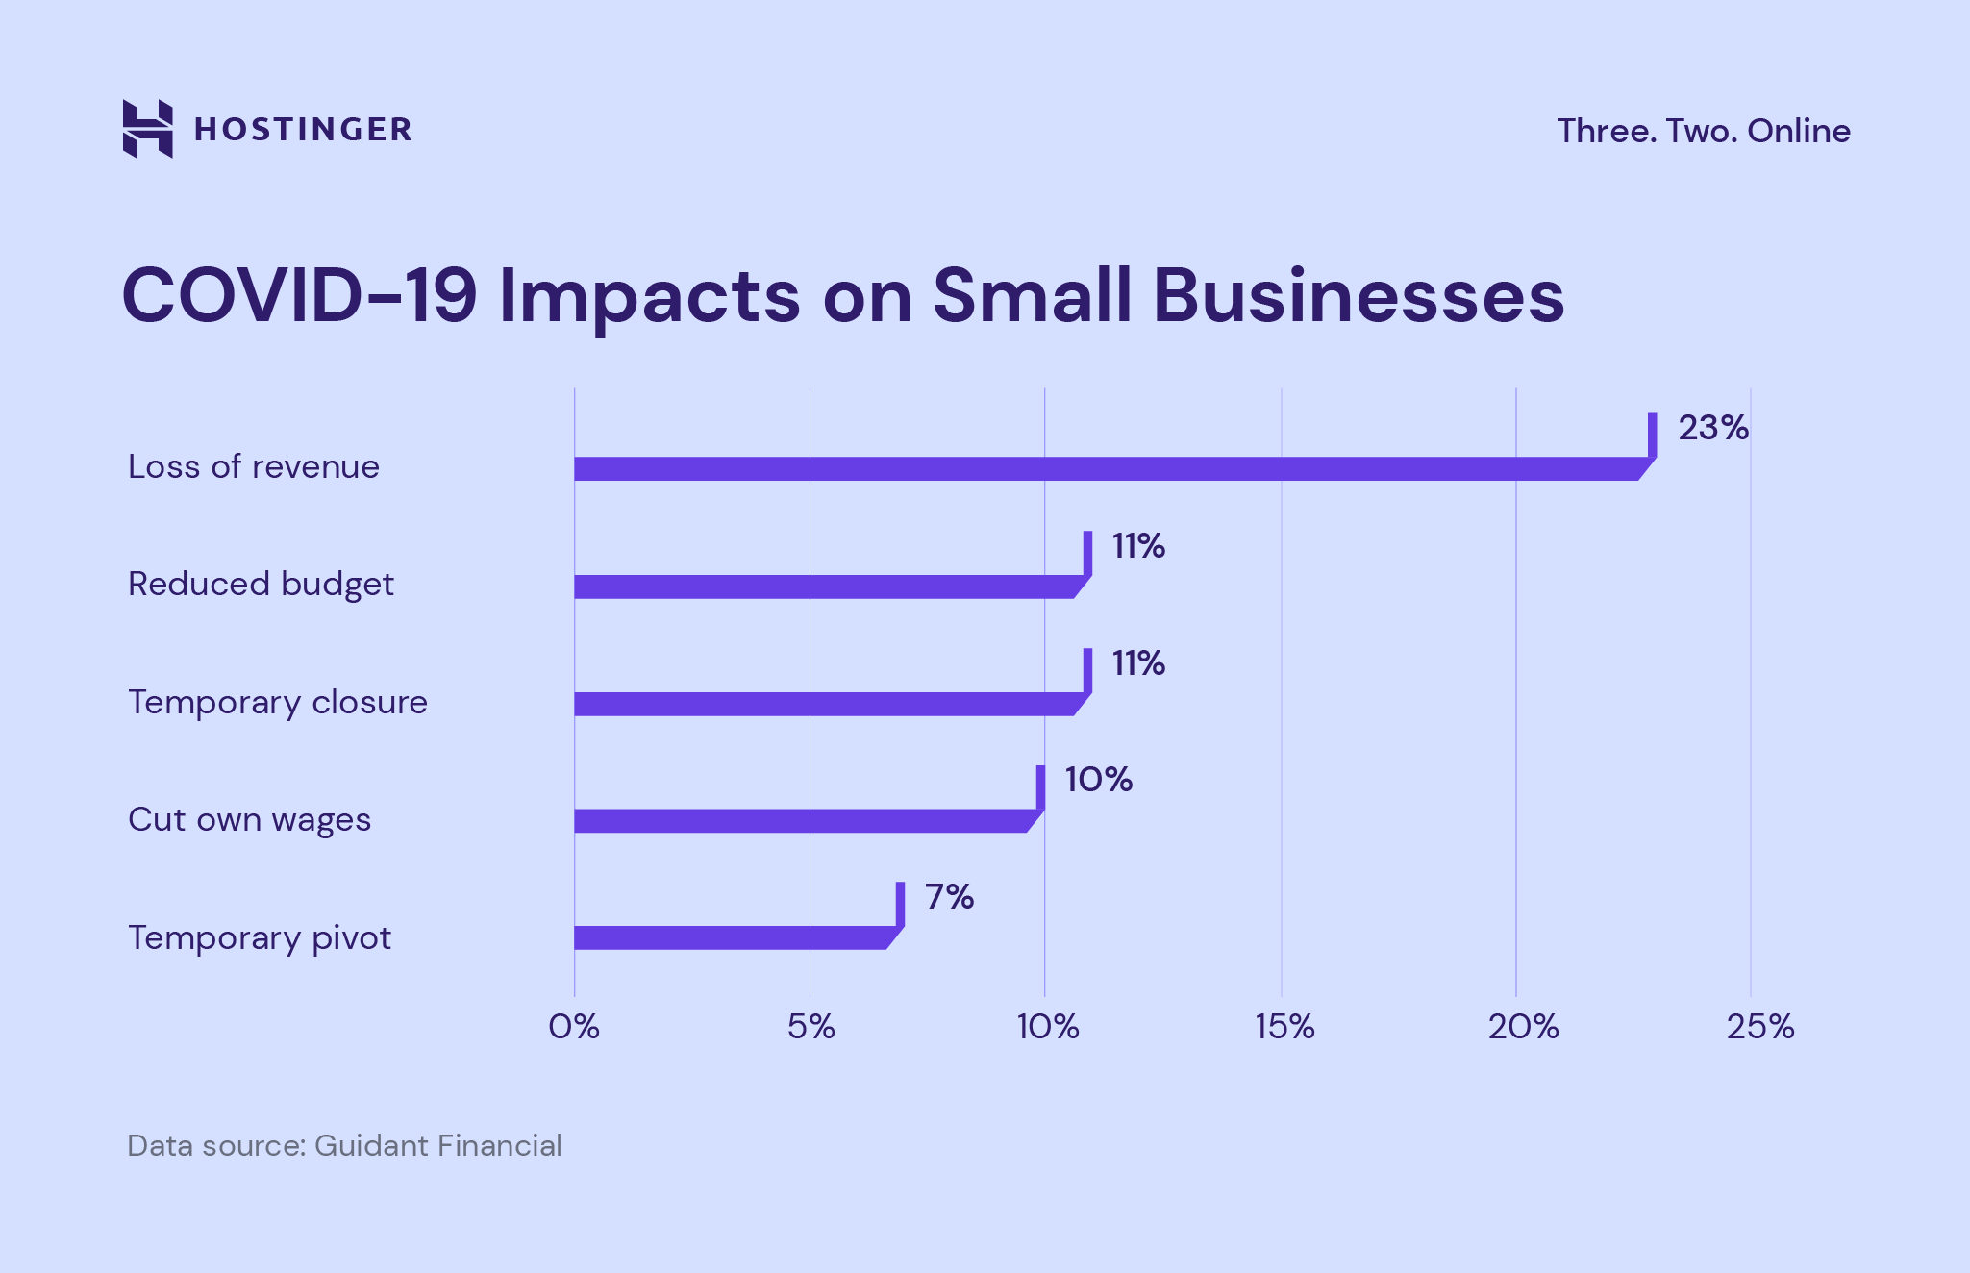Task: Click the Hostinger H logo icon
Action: (148, 129)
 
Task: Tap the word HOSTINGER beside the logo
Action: (303, 130)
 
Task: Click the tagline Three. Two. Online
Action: (1703, 131)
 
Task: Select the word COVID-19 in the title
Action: (299, 295)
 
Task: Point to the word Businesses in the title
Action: (1359, 295)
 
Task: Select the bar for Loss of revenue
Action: (1106, 469)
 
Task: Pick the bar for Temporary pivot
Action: (731, 937)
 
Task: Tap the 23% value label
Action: (1713, 428)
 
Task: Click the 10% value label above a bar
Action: (1098, 780)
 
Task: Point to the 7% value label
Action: (949, 897)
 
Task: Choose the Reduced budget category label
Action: (261, 585)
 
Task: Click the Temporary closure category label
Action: (277, 702)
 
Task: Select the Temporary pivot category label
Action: (260, 937)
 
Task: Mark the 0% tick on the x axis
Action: (574, 1027)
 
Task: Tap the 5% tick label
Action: (810, 1027)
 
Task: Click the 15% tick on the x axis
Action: (1284, 1027)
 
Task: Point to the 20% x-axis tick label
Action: (1523, 1027)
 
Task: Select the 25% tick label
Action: (1759, 1027)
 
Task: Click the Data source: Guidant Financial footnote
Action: (344, 1146)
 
